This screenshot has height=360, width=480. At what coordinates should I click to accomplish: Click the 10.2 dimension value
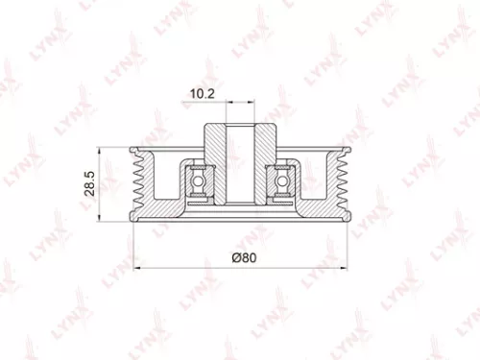(201, 94)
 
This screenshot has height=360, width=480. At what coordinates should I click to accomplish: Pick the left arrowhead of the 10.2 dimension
(223, 105)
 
